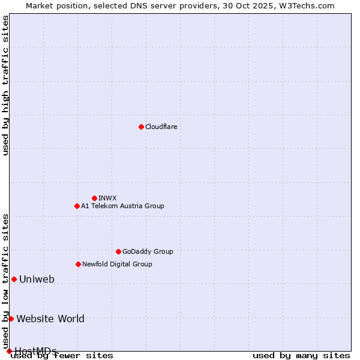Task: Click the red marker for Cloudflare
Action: point(141,127)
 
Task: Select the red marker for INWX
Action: point(94,198)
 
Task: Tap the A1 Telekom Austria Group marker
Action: point(77,206)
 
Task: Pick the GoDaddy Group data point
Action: point(118,251)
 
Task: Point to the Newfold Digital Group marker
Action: point(78,264)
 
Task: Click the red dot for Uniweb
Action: point(14,279)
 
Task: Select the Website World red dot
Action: point(11,319)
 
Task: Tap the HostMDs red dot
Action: point(9,351)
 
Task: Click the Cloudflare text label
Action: point(161,127)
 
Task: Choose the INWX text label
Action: point(107,198)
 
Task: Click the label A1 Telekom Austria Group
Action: point(122,206)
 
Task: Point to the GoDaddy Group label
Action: point(148,251)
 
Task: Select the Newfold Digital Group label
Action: point(117,264)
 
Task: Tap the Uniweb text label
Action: point(37,279)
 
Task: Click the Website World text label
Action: point(50,319)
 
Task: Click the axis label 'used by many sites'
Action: point(301,355)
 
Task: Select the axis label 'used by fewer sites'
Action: point(62,355)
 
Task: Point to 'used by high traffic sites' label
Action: point(5,85)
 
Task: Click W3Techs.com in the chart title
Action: point(308,5)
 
